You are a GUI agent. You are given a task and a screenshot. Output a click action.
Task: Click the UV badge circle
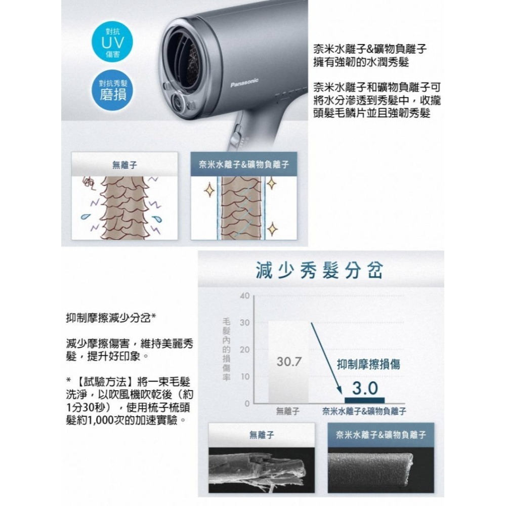pos(112,42)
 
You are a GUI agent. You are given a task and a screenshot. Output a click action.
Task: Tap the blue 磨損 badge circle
pos(112,91)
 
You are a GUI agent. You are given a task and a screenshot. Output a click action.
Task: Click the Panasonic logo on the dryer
pos(244,82)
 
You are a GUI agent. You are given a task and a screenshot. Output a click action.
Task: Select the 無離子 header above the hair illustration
pos(124,164)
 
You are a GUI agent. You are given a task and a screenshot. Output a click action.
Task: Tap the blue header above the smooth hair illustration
pos(244,164)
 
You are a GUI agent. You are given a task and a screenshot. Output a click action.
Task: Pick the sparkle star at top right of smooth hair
pos(271,183)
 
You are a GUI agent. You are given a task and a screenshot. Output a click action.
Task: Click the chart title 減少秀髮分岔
pos(319,270)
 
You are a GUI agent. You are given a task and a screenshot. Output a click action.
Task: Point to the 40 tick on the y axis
pos(244,296)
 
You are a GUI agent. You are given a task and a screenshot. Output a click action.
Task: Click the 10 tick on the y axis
pos(244,376)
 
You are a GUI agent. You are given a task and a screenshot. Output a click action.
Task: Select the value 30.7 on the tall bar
pos(289,362)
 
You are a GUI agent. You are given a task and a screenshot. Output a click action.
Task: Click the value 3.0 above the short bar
pos(365,388)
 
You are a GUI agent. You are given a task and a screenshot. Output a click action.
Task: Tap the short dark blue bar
pos(365,400)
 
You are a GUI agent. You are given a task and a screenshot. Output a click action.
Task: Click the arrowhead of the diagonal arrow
pos(339,391)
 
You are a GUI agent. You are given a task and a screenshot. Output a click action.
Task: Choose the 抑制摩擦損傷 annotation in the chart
pos(368,364)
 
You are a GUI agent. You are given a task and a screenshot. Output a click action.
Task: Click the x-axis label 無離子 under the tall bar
pos(288,411)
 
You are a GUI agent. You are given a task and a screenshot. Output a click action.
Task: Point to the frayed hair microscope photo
pos(262,470)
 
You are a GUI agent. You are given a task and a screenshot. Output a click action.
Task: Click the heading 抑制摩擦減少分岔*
pos(111,318)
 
